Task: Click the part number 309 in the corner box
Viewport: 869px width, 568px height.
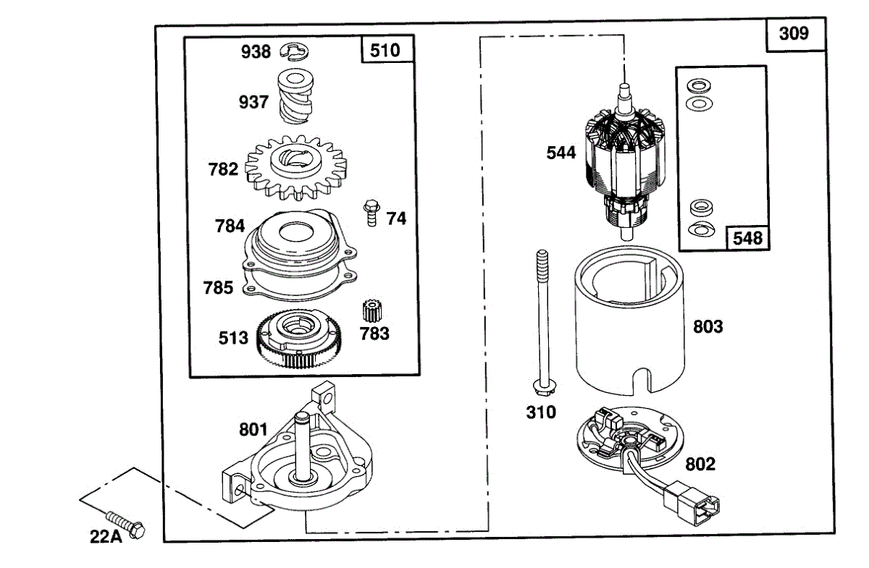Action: point(794,33)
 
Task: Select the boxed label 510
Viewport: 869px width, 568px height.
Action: point(385,51)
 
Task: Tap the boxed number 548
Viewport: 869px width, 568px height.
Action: point(747,238)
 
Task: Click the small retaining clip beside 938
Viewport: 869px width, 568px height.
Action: point(295,51)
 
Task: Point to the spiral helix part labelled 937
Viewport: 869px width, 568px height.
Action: point(295,96)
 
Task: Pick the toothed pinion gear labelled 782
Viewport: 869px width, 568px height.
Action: point(296,167)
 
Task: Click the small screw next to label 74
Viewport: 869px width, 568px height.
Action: point(371,213)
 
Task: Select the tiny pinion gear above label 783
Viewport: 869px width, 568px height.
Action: point(372,311)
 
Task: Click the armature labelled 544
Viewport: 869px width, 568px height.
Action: point(624,162)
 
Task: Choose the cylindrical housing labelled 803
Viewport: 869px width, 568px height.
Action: point(629,321)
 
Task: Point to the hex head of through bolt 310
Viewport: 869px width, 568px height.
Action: point(545,387)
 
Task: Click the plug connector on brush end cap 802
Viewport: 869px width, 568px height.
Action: point(692,504)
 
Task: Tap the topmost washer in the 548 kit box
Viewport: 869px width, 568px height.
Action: point(699,85)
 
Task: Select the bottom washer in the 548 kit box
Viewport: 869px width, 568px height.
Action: point(702,229)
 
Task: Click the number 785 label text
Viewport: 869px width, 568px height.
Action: point(219,288)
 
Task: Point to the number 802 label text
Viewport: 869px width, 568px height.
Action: point(700,464)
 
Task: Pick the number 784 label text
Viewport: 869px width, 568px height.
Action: point(230,226)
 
